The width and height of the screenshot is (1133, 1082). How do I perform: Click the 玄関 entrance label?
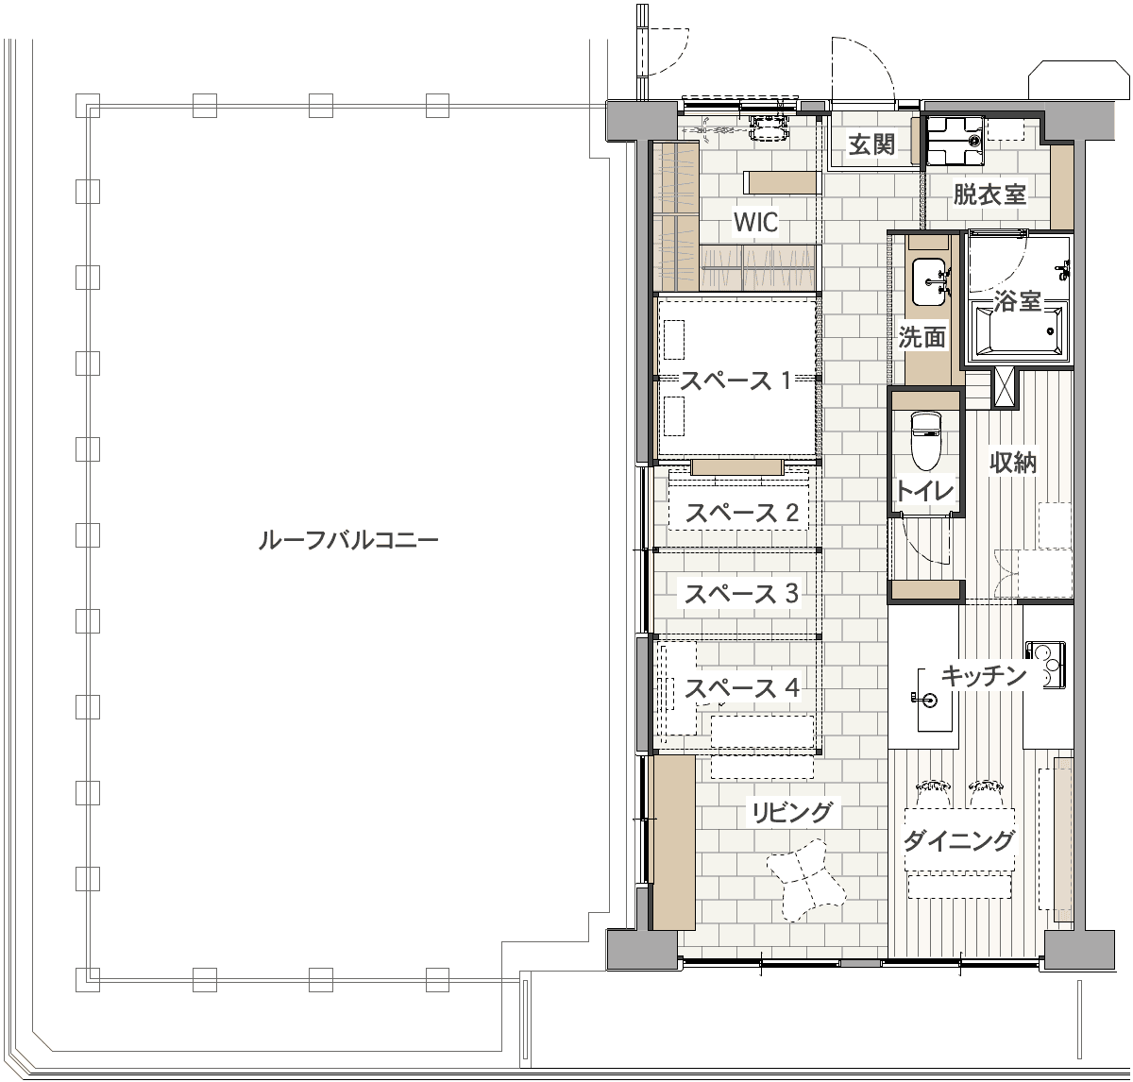tap(871, 144)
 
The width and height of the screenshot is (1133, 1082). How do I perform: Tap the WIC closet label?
tap(755, 222)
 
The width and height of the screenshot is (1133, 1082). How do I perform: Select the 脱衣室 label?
tap(989, 194)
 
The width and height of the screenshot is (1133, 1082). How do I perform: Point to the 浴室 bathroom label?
tap(1017, 301)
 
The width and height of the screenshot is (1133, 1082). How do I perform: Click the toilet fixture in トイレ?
tap(925, 441)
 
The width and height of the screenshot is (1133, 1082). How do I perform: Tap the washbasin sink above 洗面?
tap(929, 282)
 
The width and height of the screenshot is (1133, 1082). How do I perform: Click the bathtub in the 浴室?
tap(1019, 330)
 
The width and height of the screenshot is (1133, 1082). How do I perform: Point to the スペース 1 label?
tap(736, 380)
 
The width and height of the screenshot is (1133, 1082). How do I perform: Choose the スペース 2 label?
tap(741, 513)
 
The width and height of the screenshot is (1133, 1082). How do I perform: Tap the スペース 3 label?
tap(740, 594)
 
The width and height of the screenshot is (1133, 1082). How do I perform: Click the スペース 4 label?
tap(742, 687)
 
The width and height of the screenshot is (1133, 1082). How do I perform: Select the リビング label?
tap(792, 812)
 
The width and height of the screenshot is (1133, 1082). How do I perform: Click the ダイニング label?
tap(958, 841)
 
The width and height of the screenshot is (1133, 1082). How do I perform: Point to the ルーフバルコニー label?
tap(347, 540)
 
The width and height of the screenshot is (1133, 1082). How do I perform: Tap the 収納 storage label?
tap(1013, 463)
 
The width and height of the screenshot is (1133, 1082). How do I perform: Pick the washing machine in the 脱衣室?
tap(955, 141)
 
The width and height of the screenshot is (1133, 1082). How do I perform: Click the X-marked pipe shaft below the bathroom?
tap(1004, 386)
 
